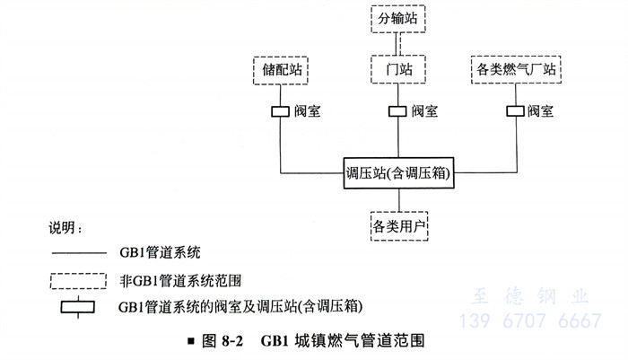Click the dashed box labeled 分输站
397,17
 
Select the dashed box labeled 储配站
281,69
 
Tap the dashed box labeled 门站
396,69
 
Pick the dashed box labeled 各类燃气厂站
516,69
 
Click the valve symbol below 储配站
281,111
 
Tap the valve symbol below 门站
396,111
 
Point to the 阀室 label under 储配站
308,111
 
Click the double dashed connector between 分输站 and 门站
397,42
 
